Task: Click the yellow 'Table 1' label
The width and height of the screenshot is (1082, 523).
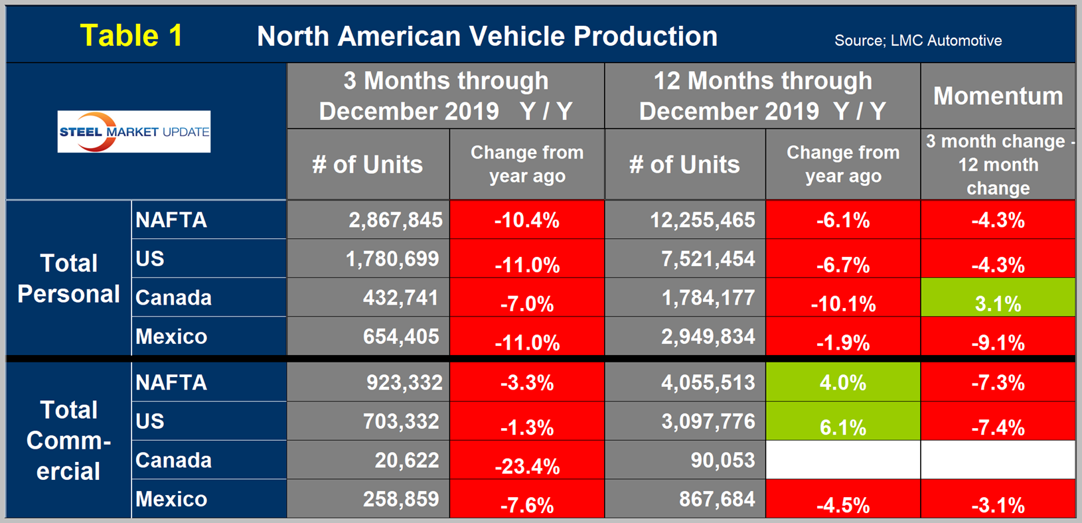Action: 131,36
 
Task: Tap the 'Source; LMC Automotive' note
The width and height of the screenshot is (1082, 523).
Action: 917,40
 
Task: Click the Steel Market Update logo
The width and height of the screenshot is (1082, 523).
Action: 134,131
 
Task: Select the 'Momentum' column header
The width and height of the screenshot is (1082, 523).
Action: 998,96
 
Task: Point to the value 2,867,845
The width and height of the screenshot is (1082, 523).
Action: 396,220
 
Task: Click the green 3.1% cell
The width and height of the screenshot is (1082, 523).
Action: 998,303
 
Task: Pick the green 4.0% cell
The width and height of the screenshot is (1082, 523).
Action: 843,383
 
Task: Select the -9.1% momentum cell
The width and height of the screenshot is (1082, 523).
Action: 998,342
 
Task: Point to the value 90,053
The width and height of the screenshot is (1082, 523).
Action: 722,460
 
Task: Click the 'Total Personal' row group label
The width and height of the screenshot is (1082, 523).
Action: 68,279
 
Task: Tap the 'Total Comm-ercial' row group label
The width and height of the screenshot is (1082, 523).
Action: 68,441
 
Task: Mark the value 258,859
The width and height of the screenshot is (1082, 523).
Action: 401,499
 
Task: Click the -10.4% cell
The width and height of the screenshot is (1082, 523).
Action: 527,220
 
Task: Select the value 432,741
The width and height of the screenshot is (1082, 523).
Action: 401,298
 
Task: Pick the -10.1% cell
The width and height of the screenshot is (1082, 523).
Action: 843,303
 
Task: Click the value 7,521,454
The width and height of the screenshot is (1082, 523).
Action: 708,259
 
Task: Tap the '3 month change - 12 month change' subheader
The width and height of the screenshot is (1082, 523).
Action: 998,165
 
